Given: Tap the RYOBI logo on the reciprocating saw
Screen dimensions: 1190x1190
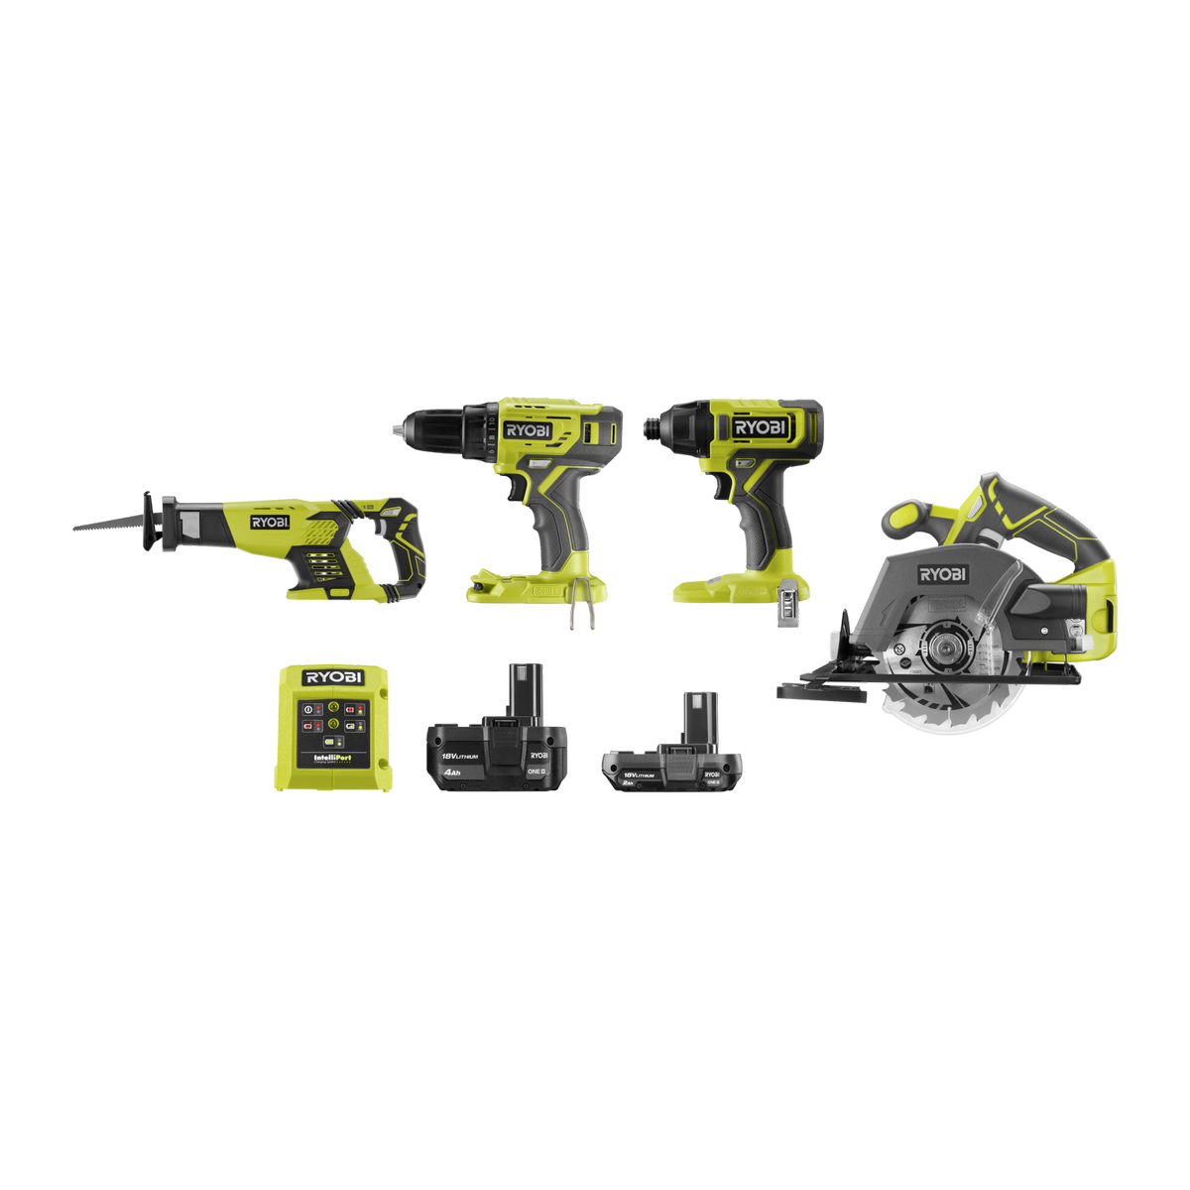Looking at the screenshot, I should [270, 522].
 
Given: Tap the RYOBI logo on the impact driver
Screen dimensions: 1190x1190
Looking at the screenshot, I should [760, 427].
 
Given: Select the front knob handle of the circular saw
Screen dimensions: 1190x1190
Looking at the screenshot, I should [910, 515].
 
